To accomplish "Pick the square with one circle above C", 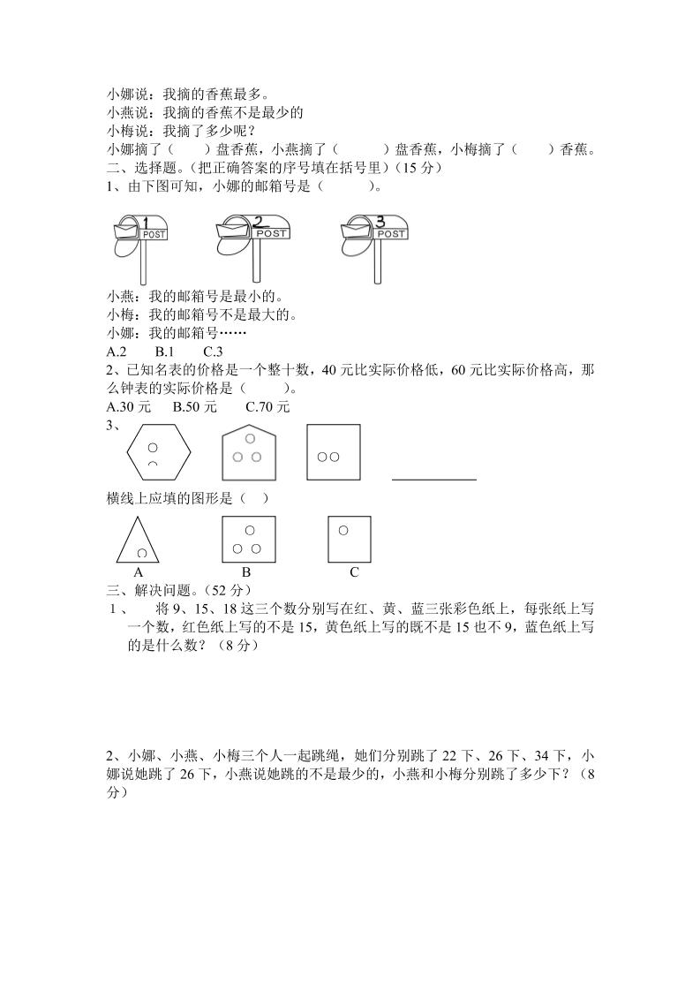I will [349, 539].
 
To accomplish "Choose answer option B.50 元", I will [195, 407].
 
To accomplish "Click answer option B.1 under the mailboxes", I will [164, 352].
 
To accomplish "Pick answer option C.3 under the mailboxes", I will [213, 352].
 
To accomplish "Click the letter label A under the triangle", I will [139, 572].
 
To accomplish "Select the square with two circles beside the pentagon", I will [333, 453].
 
